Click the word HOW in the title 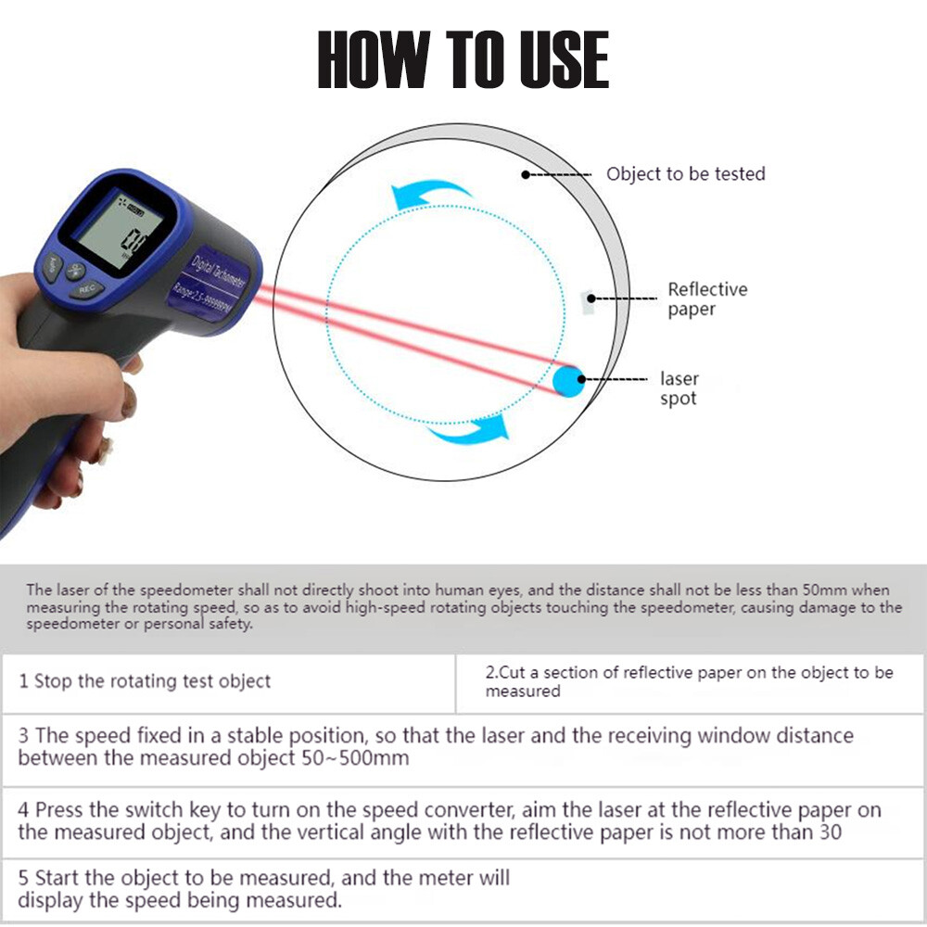coord(374,59)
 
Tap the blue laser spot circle coord(568,381)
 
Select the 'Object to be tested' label coord(686,174)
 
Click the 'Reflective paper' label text coord(707,299)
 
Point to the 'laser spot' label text coord(679,388)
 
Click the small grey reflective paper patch coord(587,303)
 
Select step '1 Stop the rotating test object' coord(145,681)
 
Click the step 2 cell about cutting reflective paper coord(689,681)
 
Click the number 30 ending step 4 coord(830,832)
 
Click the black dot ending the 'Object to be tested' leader coord(525,174)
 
